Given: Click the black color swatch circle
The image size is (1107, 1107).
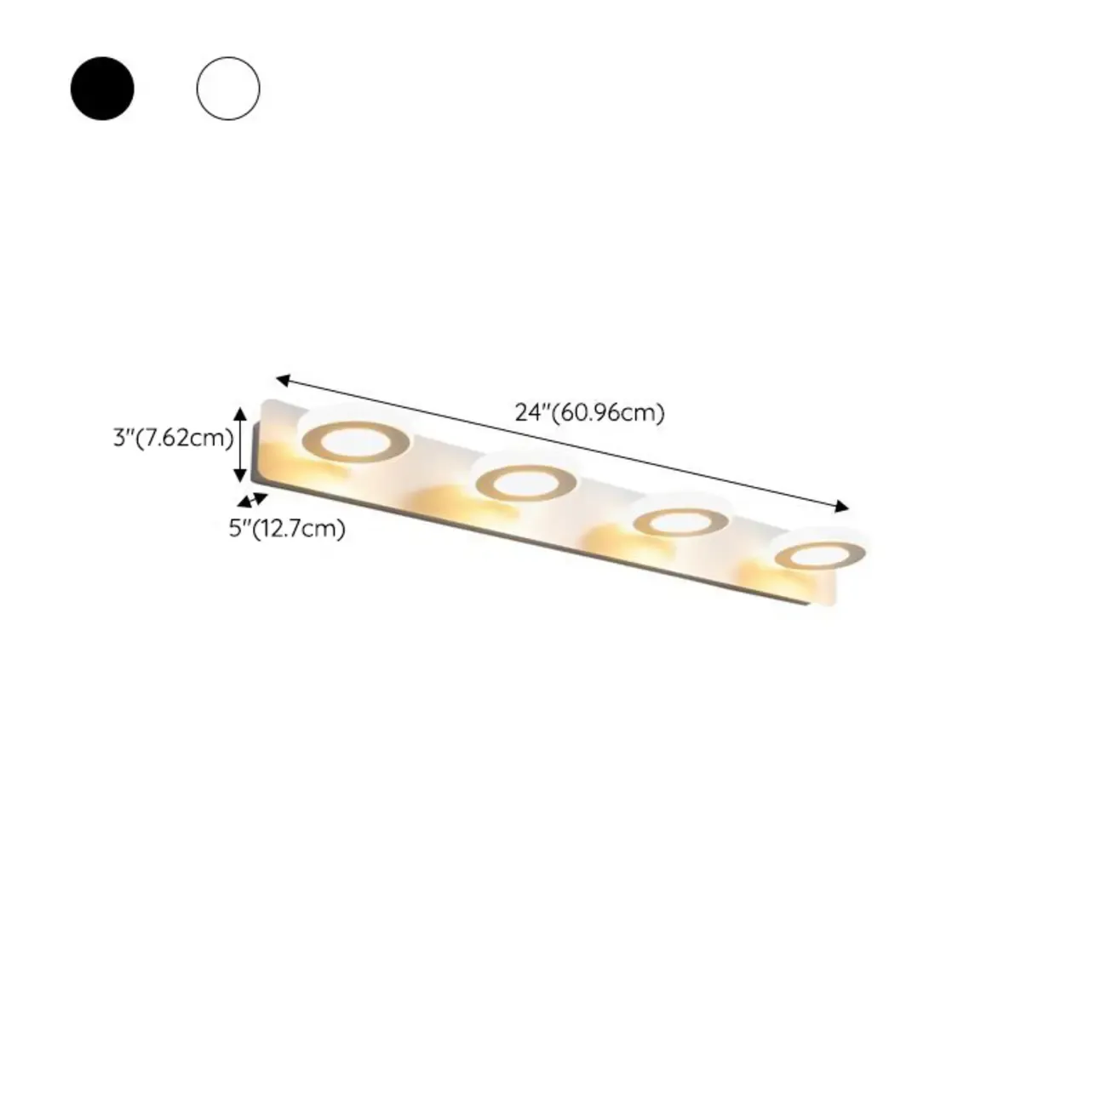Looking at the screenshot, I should [x=102, y=89].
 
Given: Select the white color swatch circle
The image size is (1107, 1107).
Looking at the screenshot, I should [x=228, y=89].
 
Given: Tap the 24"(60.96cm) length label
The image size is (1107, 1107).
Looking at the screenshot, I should [x=589, y=413].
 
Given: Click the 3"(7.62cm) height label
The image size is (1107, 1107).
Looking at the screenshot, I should [x=173, y=439].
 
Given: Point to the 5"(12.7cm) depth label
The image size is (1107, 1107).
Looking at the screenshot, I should [x=287, y=529].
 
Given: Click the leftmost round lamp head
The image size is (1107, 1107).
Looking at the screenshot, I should [x=354, y=441].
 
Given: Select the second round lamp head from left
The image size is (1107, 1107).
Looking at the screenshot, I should [x=525, y=483].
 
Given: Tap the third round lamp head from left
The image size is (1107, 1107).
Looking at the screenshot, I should [x=680, y=520].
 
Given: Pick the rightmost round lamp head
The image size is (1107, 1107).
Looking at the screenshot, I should [x=820, y=555].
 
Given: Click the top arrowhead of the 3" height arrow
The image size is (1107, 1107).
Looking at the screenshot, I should [x=242, y=413].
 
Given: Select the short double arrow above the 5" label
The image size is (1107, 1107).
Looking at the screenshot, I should [x=253, y=500].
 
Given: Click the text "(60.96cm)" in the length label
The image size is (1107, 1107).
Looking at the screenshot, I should [x=609, y=413].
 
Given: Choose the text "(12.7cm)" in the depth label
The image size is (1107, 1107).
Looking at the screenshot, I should [x=301, y=529].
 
